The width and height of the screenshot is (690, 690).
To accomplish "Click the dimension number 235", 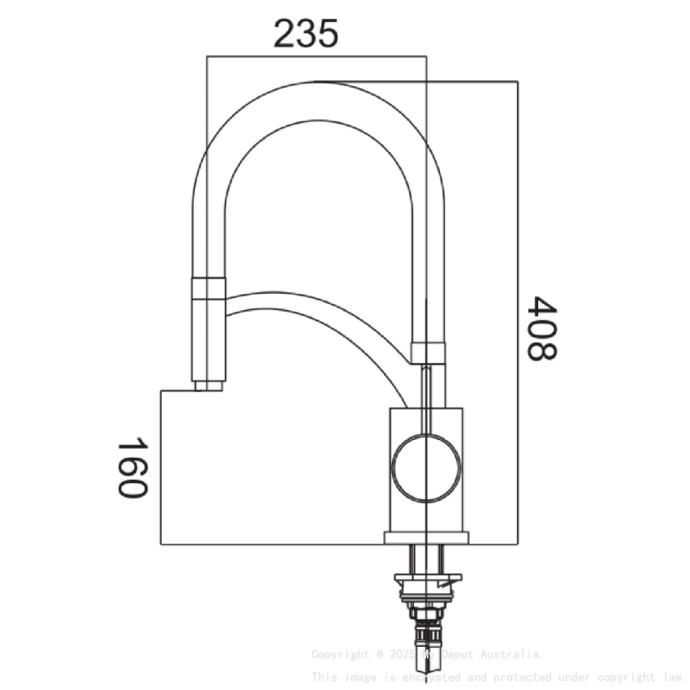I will [305, 35].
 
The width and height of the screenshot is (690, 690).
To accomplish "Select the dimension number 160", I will [131, 468].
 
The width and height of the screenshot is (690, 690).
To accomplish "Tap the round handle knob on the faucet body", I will [426, 468].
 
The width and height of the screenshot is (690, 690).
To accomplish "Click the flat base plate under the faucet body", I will [426, 537].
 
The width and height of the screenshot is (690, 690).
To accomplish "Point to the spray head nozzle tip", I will [208, 386].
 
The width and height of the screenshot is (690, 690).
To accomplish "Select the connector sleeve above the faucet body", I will [428, 352].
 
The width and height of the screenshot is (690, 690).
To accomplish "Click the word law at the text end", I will [673, 676].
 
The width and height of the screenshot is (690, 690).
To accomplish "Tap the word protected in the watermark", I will [525, 676].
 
